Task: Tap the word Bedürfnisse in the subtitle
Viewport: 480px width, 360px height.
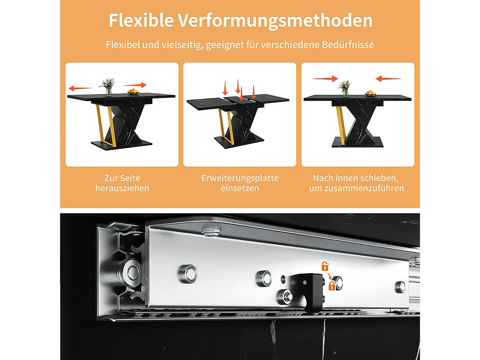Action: coord(348,45)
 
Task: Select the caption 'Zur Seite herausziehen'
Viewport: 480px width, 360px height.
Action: coord(122,183)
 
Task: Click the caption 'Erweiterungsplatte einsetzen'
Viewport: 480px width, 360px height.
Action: coord(240,183)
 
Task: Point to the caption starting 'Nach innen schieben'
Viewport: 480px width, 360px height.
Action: coord(356,183)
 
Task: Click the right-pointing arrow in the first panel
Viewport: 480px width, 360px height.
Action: coord(135,85)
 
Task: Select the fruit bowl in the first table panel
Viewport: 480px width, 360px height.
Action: coord(133,92)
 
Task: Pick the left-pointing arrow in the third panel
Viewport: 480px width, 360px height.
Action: coord(388,79)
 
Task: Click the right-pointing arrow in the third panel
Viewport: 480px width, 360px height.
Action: coord(325,79)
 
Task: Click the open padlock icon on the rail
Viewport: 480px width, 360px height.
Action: coord(325,266)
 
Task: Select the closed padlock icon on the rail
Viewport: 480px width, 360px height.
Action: coord(332,286)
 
